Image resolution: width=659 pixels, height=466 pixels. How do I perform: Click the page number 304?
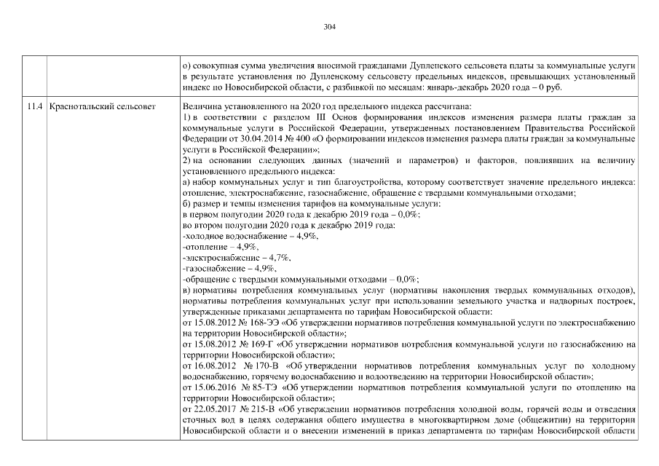(x=329, y=27)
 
